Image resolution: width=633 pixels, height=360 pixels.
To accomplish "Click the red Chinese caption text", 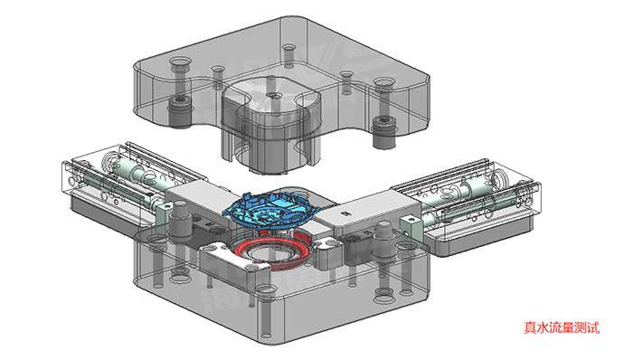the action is (562, 327).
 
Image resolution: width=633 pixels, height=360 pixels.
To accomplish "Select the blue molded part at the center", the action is (271, 212).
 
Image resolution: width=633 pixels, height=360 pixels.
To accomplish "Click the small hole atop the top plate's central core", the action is (275, 96).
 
